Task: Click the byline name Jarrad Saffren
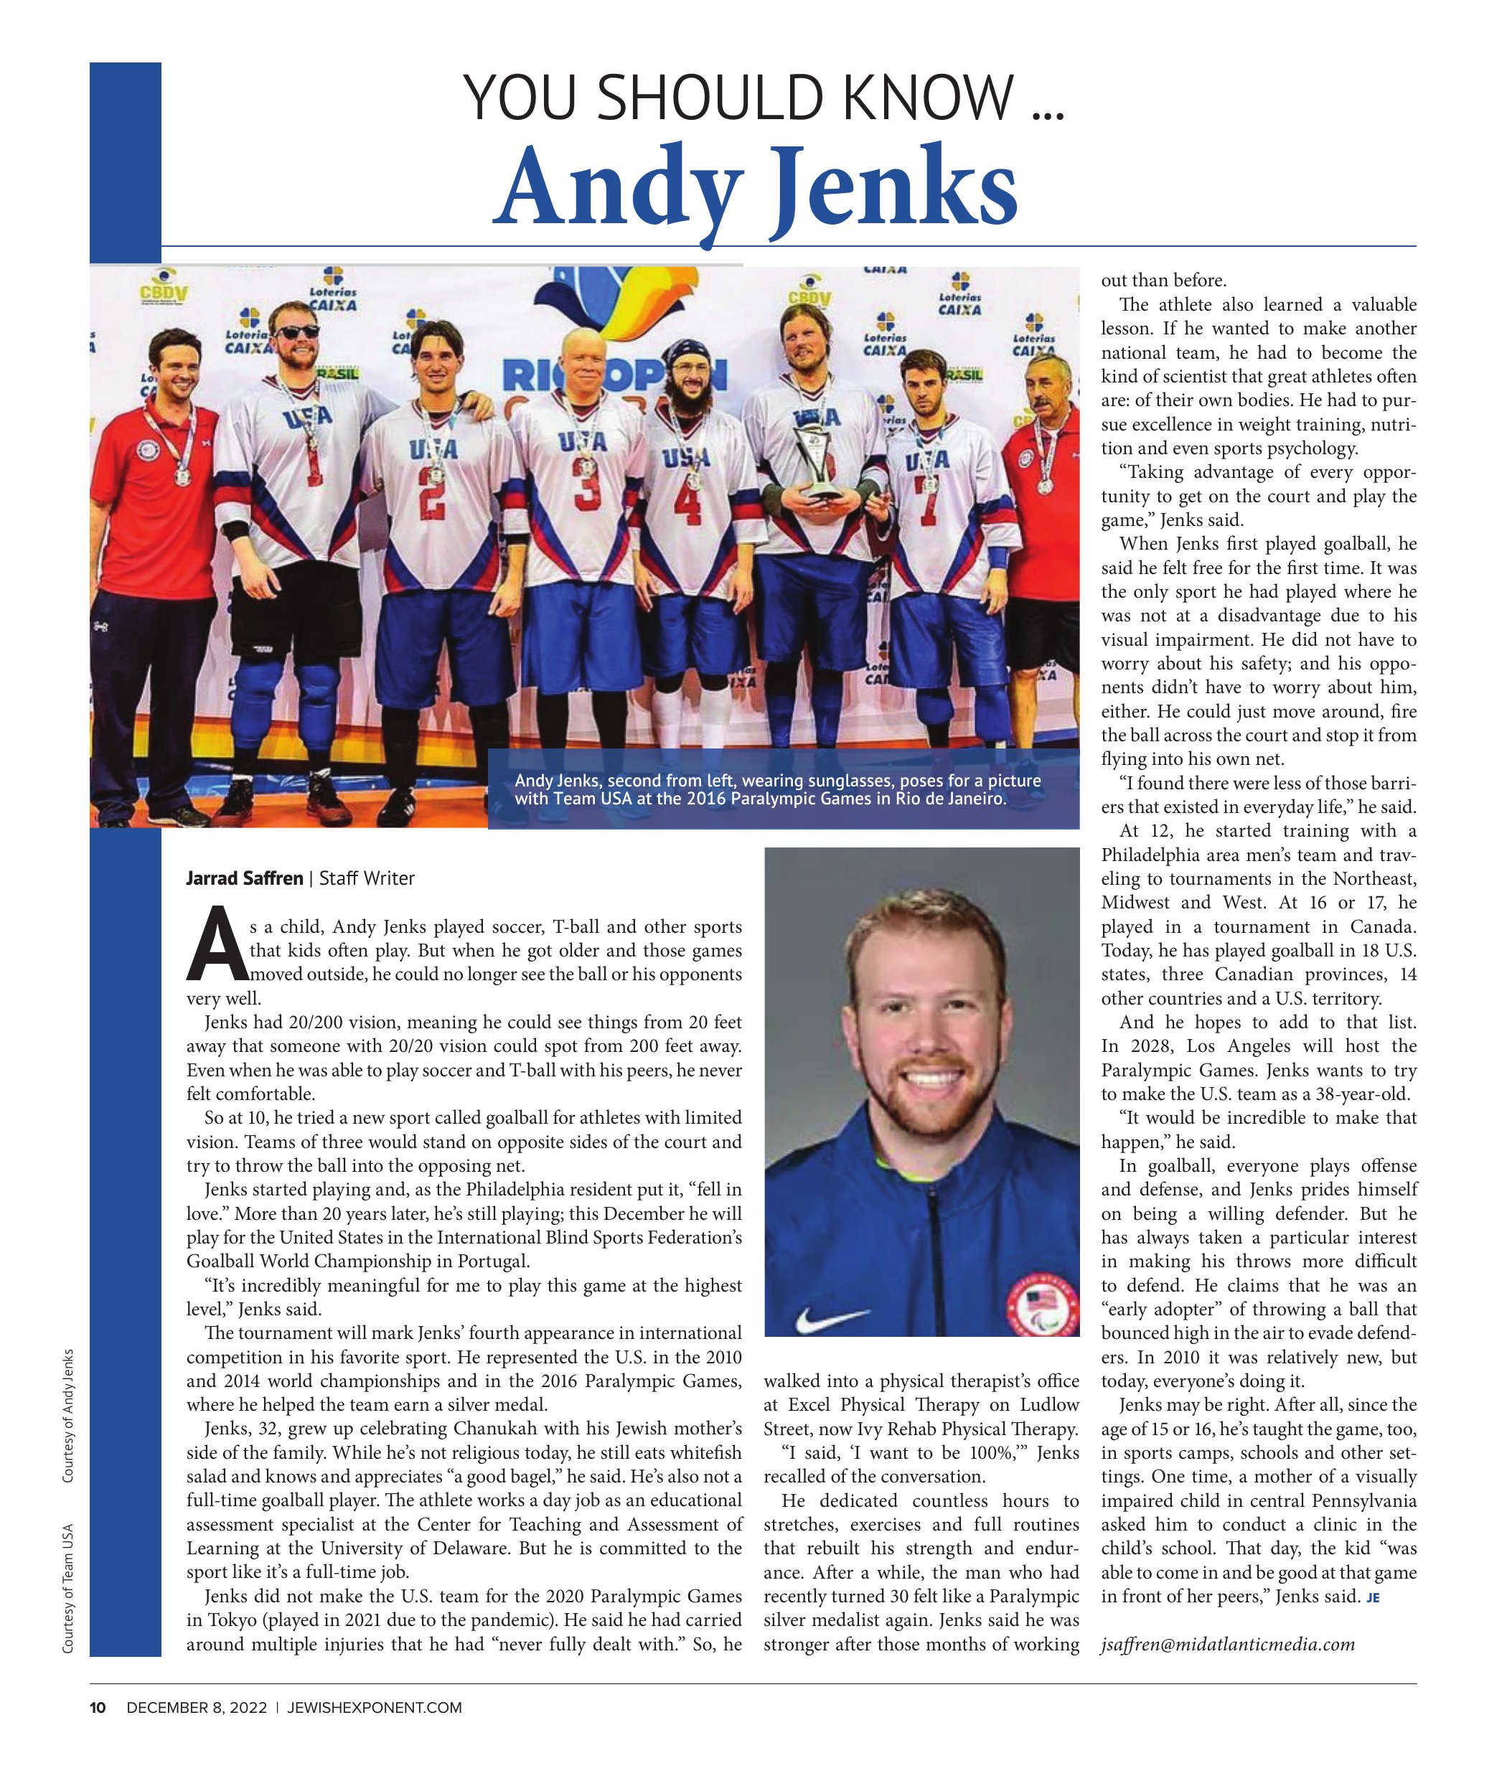tap(244, 878)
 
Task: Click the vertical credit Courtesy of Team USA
tap(68, 1588)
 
